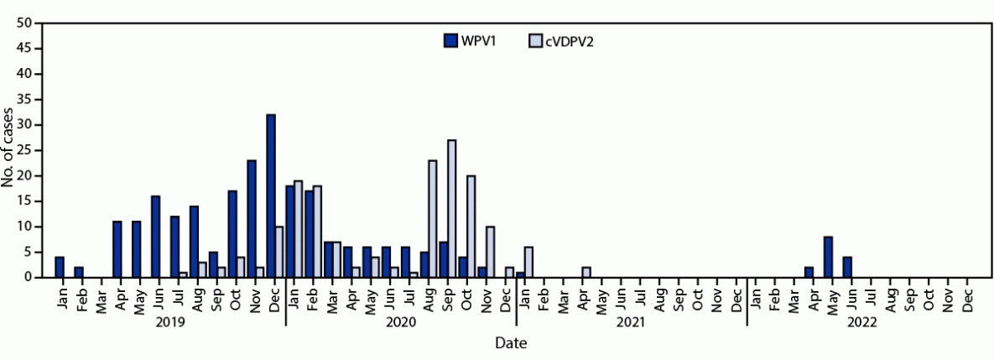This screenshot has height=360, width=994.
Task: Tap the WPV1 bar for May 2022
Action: pos(828,257)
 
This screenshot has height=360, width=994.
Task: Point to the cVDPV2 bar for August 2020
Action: pos(433,218)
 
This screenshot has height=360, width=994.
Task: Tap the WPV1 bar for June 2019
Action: pos(155,237)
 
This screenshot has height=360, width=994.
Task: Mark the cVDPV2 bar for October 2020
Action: pos(471,227)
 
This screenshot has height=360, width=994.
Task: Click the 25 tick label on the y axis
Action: pos(24,150)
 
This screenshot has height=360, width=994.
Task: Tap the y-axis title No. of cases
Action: pos(8,150)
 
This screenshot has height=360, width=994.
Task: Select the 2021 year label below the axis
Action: pos(630,321)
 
